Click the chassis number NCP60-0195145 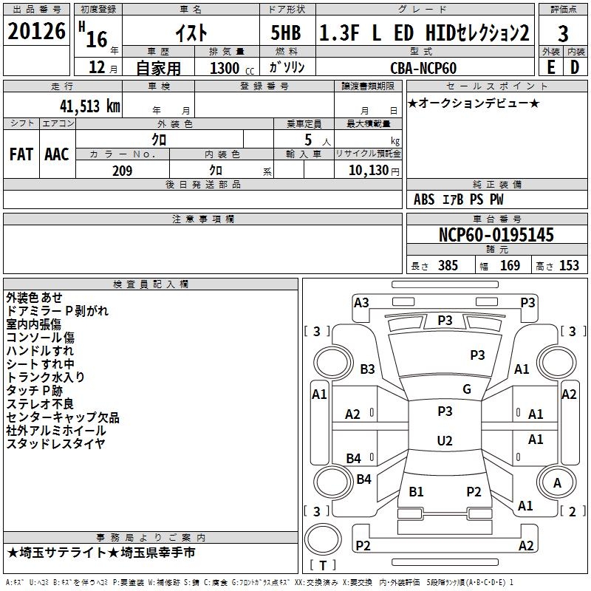tap(496, 235)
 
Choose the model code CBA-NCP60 tap(423, 68)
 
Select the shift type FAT tap(21, 154)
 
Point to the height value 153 tap(569, 266)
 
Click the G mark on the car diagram tap(466, 389)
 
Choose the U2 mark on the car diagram tap(444, 441)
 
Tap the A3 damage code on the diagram tap(361, 302)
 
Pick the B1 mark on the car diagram tap(416, 491)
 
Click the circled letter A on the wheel tap(558, 482)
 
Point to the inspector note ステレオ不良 tap(40, 404)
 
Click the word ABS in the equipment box tap(424, 199)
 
